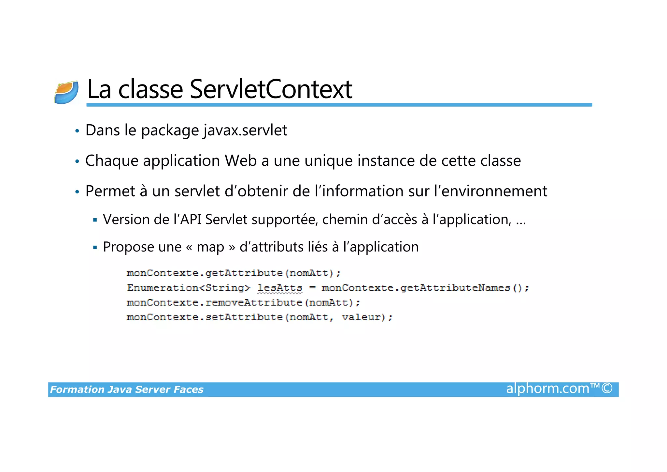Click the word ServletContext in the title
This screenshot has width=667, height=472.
point(271,89)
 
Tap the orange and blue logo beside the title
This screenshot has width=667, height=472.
point(66,92)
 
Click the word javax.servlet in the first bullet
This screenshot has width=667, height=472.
point(245,130)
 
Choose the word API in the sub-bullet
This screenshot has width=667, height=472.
point(191,220)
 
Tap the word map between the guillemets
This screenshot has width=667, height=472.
point(210,247)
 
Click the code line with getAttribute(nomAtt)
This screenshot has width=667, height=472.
point(234,273)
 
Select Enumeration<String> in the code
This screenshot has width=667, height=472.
point(189,288)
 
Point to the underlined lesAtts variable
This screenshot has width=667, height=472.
point(280,288)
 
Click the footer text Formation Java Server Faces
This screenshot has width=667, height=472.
point(127,389)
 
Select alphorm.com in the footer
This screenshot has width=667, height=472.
point(547,388)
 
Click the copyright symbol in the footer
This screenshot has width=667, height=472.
point(607,388)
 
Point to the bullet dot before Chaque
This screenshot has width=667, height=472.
point(77,161)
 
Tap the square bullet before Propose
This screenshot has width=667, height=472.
point(95,248)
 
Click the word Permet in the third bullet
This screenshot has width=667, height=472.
point(110,191)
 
